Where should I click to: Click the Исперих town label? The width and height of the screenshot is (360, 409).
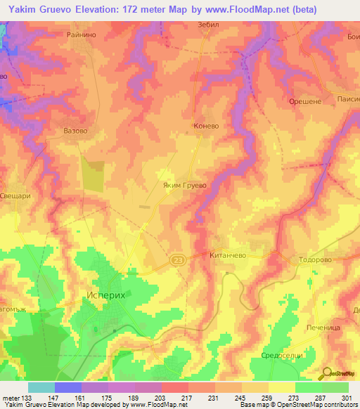coord(105,296)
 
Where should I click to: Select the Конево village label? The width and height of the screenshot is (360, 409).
coord(207,127)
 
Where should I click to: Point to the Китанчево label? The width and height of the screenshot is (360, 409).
coord(227,257)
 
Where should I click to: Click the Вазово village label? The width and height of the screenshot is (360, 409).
coord(75,131)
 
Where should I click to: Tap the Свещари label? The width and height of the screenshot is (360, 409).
coord(15,197)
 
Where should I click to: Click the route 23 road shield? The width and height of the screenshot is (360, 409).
coord(176,259)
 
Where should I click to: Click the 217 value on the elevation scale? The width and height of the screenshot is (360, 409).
coord(187,398)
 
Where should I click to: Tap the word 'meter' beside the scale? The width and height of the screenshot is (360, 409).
coord(11,398)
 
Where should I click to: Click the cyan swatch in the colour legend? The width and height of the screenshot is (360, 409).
coord(41,387)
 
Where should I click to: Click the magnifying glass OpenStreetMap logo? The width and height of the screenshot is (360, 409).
coord(327,372)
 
